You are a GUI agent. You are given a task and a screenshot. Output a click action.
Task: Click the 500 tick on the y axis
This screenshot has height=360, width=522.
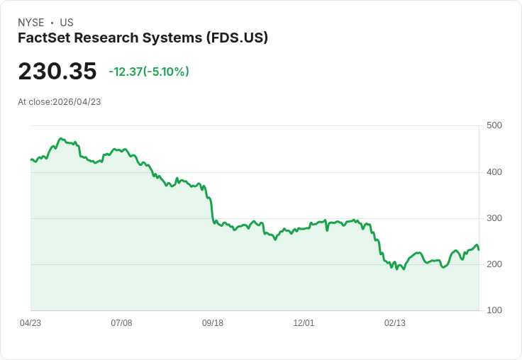click(x=494, y=125)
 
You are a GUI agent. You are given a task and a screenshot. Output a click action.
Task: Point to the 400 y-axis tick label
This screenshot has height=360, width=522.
click(x=494, y=172)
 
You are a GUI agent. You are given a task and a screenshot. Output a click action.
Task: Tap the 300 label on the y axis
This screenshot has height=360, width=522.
click(x=494, y=218)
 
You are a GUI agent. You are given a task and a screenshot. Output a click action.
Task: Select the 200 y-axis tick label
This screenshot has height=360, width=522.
click(x=494, y=264)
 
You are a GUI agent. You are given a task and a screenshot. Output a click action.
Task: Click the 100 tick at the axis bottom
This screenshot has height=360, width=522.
click(x=494, y=310)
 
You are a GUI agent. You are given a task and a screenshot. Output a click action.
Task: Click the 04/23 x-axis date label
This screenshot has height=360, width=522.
click(x=30, y=323)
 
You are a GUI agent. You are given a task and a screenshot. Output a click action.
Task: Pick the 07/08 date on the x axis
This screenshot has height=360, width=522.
click(x=121, y=323)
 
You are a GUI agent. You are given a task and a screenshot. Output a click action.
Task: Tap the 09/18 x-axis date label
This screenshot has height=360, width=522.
click(x=213, y=323)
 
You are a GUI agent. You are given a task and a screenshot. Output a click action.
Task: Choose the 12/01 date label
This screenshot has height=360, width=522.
click(x=304, y=323)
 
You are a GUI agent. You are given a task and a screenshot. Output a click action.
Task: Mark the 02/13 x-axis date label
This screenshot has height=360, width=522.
click(x=395, y=323)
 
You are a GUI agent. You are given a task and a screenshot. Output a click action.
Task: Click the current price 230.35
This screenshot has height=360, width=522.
click(x=57, y=72)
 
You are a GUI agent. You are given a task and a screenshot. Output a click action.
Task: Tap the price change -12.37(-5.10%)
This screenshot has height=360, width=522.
click(x=149, y=72)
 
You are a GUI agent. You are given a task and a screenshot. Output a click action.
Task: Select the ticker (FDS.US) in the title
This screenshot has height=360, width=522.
click(x=237, y=38)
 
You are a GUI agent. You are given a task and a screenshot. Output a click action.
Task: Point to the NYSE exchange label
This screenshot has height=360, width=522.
click(x=31, y=23)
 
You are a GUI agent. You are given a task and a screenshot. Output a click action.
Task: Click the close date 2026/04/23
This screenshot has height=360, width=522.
click(x=77, y=102)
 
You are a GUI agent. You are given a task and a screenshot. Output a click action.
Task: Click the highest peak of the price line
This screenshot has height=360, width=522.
click(x=61, y=138)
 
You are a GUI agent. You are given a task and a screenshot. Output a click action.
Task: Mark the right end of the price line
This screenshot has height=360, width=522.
click(x=479, y=249)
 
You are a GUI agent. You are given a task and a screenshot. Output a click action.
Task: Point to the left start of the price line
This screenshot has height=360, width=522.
click(x=30, y=159)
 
